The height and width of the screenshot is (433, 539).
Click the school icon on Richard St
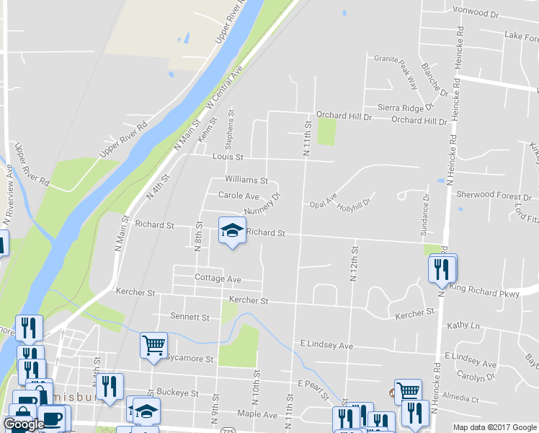pos(232,231)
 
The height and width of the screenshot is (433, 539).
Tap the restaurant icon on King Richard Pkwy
pos(442,269)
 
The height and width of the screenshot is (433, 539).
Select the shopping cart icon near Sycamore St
pos(153,346)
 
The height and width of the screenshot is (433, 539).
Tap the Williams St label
pos(246,180)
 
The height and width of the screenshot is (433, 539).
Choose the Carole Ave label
pos(239,196)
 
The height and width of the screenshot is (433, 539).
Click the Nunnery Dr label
pos(261,204)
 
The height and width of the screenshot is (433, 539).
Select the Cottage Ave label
pos(218,278)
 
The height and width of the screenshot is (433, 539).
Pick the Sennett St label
pos(190,317)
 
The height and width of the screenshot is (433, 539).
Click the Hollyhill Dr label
pos(355,204)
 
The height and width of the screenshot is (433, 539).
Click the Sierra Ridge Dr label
pos(405,108)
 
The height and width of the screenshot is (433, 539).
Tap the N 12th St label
pos(355,263)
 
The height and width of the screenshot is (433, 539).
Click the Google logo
pos(24,424)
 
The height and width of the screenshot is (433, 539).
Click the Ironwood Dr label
pos(475,14)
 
